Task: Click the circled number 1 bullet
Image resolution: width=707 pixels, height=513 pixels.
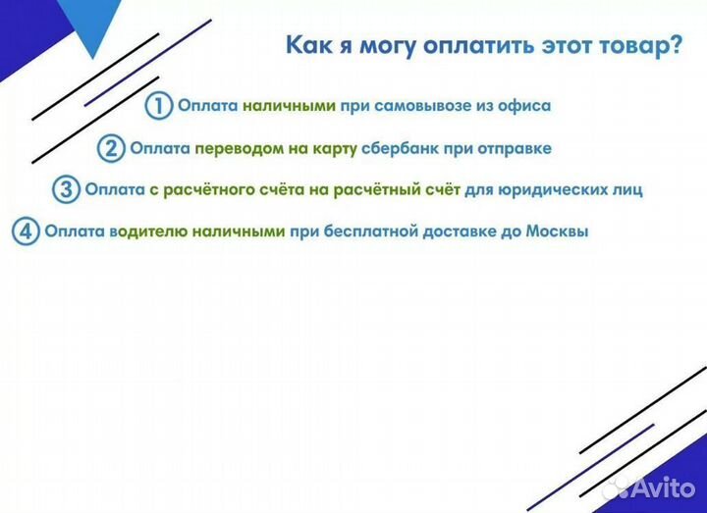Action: pos(158,105)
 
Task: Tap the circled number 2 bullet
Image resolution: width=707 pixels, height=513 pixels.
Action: pos(111,148)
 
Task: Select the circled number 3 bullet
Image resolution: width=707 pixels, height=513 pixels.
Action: pos(66,189)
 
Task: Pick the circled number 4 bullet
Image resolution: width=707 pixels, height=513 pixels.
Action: pos(26,232)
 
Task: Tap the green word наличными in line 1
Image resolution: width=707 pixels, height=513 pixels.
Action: pos(290,105)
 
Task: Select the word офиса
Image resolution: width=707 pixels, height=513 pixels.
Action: pos(524,105)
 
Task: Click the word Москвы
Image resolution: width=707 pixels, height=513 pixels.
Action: pos(556,232)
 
